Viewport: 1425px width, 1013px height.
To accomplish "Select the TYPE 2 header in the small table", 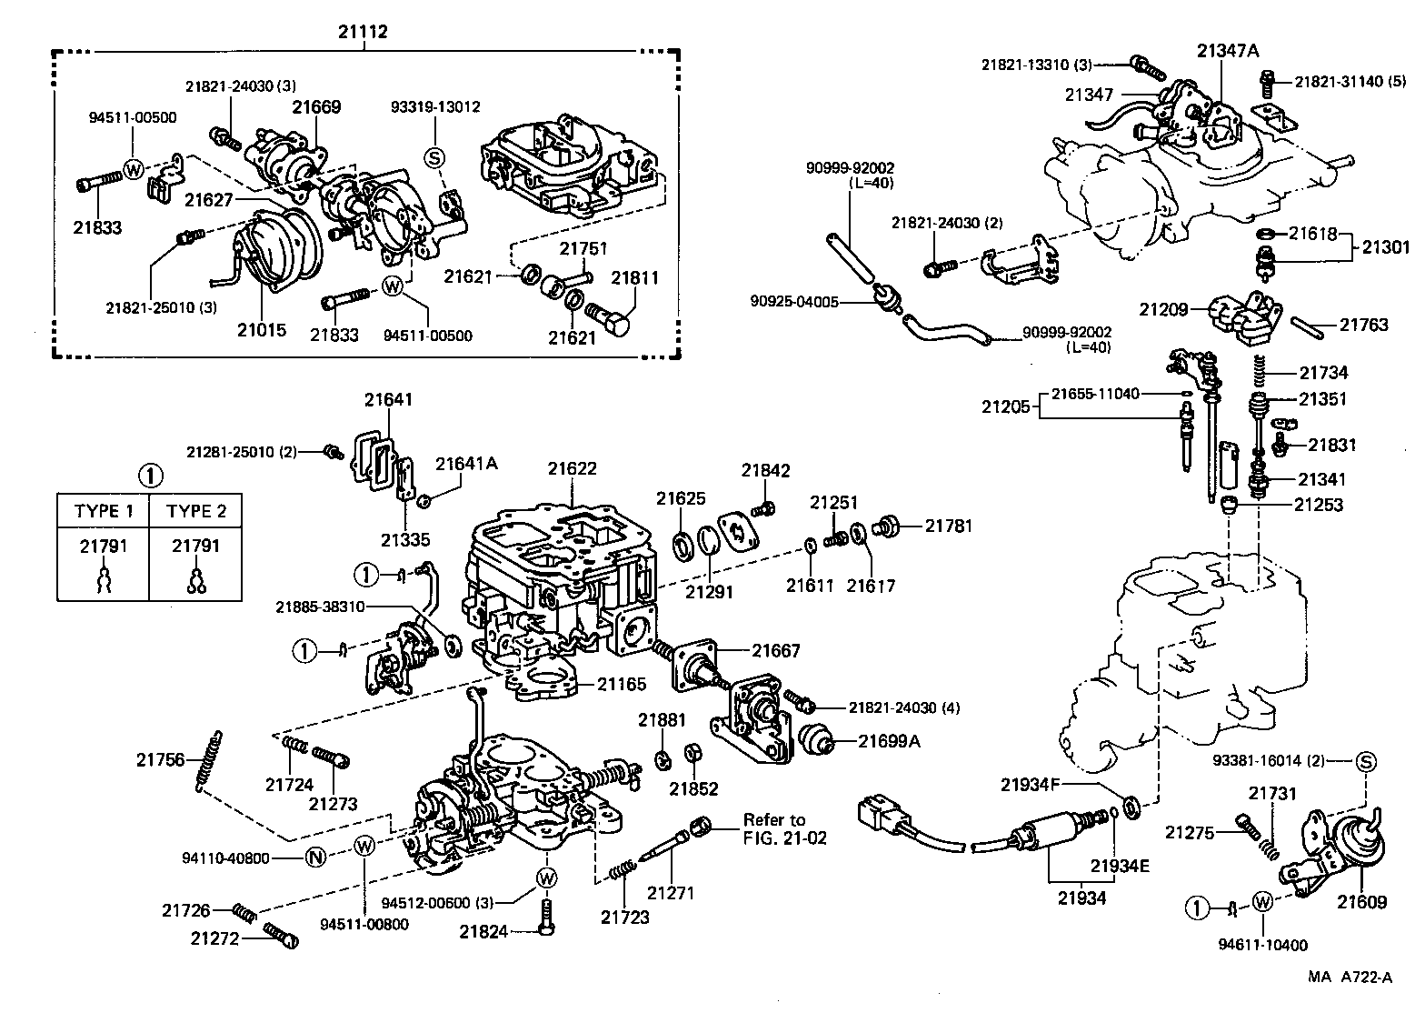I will coord(195,511).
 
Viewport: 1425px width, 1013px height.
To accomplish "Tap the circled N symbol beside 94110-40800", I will coord(314,857).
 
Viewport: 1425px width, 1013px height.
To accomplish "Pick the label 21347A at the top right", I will coord(1227,51).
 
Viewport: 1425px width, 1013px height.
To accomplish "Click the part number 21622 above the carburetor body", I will coord(572,469).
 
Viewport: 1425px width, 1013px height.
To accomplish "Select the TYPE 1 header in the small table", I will coord(104,511).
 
